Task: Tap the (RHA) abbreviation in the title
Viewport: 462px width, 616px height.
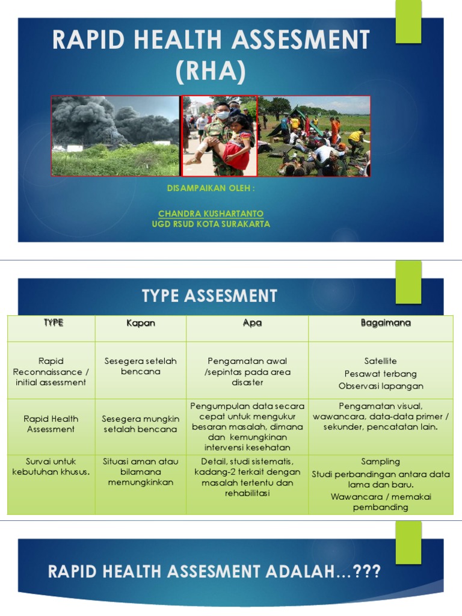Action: [211, 72]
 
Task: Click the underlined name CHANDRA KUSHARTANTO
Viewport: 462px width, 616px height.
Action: [211, 214]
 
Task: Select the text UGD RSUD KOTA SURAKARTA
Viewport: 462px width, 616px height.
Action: [211, 224]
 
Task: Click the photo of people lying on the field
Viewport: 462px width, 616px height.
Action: [313, 137]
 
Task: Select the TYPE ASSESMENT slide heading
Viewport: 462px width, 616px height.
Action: [209, 296]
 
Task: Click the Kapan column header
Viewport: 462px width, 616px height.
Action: [140, 323]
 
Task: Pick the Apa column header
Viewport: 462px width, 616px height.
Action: [252, 323]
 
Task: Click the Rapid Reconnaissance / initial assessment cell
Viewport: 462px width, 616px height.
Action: [51, 372]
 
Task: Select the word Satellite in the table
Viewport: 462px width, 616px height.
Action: [381, 362]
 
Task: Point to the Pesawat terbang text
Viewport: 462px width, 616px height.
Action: [381, 374]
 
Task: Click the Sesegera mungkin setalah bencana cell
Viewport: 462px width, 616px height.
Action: [140, 424]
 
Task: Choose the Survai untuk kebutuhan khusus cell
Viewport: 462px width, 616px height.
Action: [51, 466]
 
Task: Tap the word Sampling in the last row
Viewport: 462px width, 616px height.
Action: [381, 461]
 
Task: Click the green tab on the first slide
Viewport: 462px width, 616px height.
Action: [408, 22]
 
